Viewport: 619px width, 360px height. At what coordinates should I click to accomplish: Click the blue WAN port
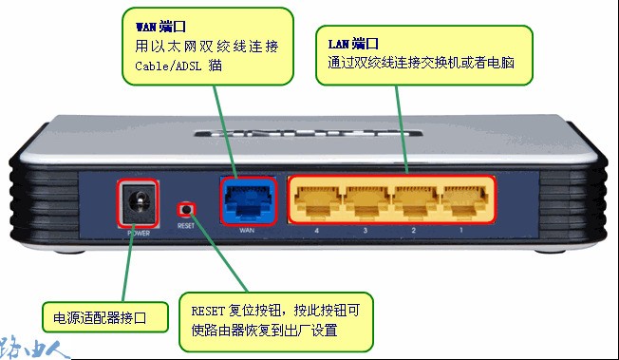coord(247,199)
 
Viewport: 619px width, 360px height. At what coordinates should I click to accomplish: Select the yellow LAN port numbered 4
coord(316,199)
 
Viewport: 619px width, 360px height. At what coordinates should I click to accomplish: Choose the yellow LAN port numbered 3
coord(366,199)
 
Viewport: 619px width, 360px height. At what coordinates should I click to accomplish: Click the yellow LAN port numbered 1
coord(462,199)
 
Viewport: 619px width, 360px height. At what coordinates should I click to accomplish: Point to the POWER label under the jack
coord(140,232)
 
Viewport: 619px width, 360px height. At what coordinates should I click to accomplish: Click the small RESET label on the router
coord(185,227)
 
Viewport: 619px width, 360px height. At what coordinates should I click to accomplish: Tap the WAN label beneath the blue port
coord(247,231)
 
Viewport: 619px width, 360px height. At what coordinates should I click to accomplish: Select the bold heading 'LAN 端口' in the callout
coord(353,44)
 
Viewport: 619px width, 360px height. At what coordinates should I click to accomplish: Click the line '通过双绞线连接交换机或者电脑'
coord(427,64)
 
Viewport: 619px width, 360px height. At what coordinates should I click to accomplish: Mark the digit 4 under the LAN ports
coord(316,230)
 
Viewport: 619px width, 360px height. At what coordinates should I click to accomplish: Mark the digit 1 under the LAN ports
coord(463,230)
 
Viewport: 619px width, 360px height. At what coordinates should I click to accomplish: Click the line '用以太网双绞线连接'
coord(207,46)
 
